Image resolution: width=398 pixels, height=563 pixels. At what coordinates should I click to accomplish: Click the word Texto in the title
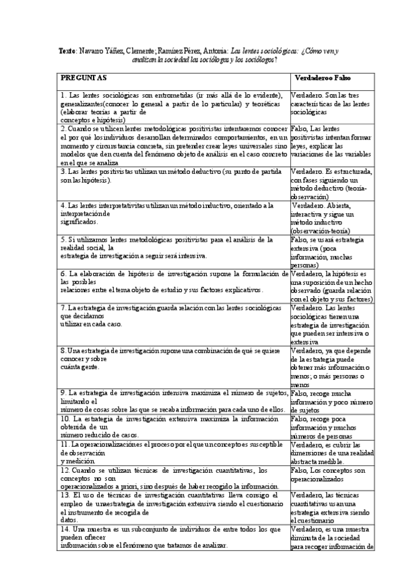click(x=67, y=50)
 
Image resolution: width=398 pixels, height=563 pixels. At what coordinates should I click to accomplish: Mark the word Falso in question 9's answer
click(x=301, y=393)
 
